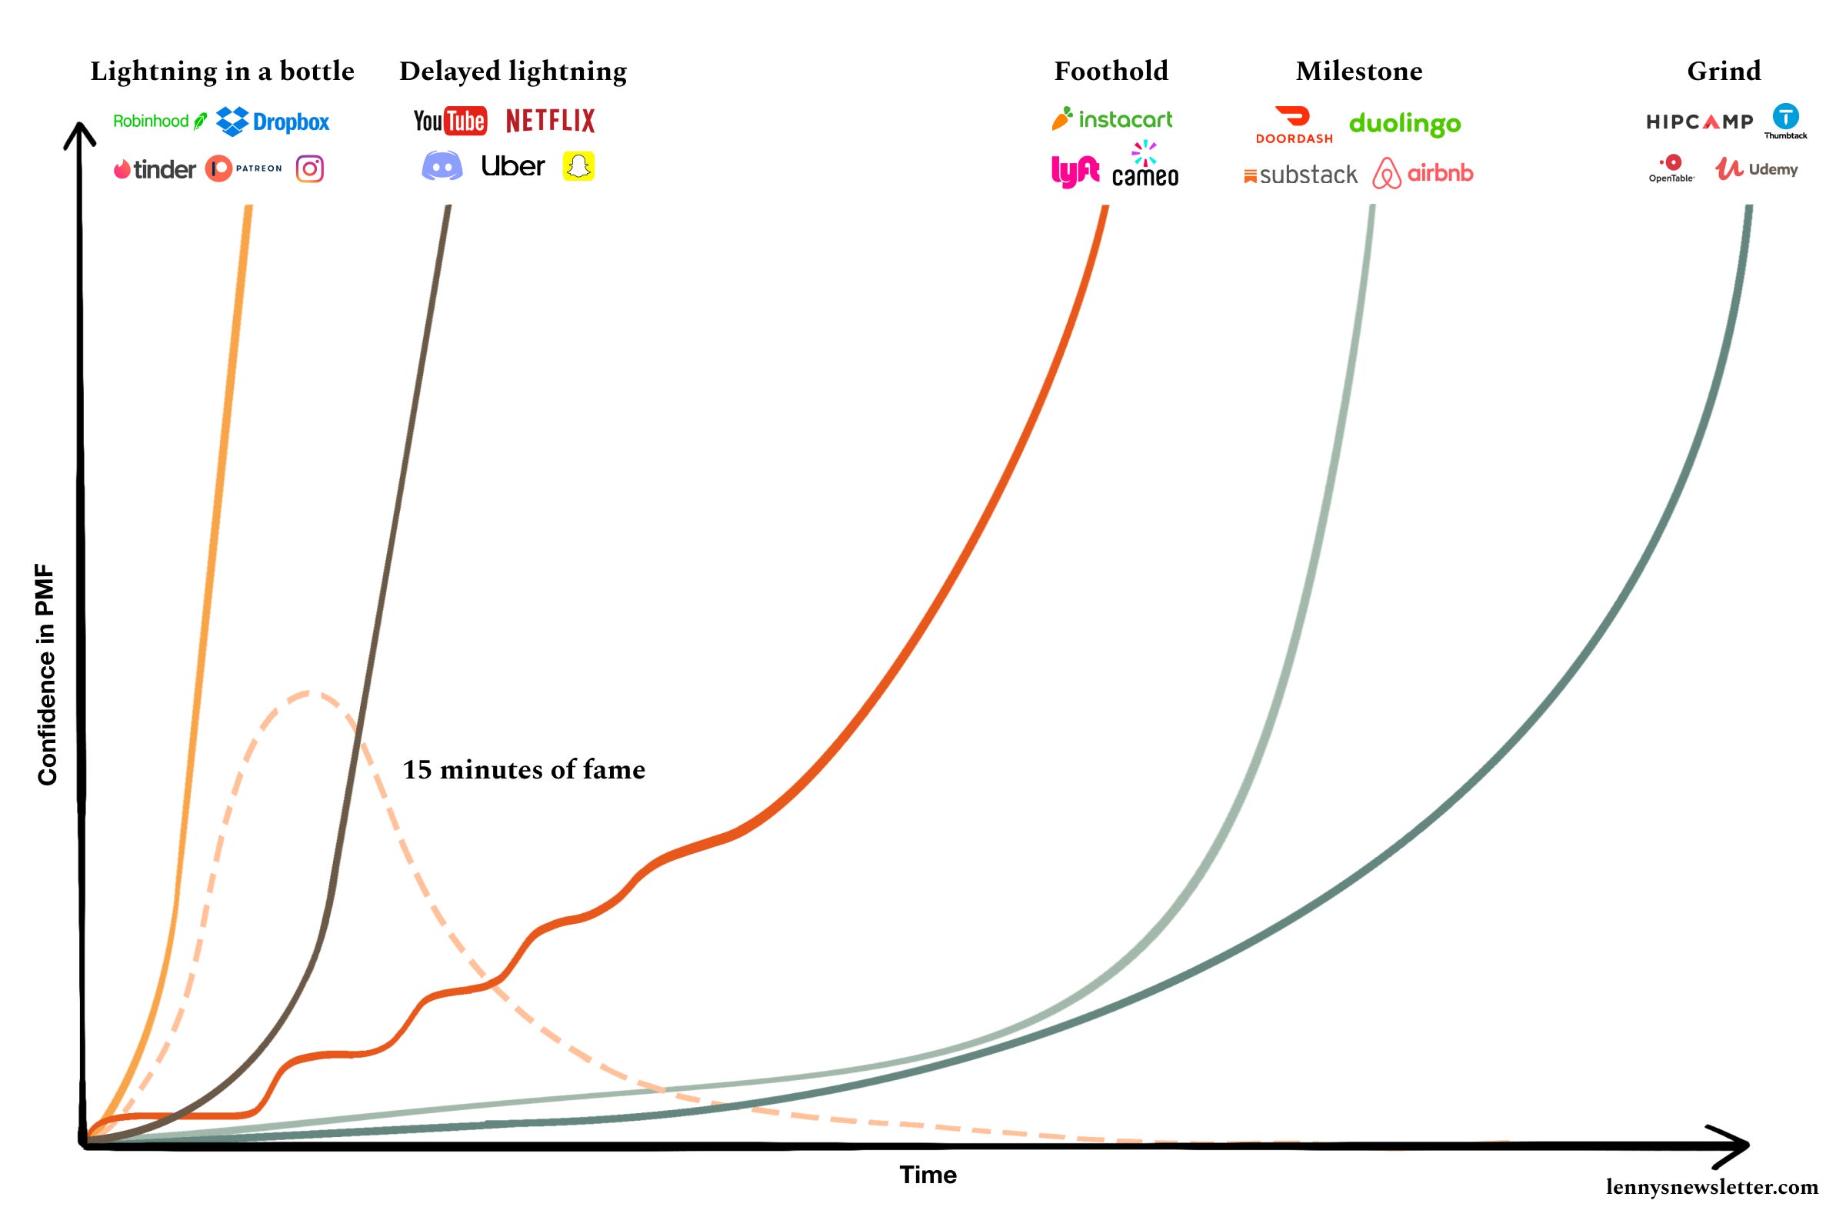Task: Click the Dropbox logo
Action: (x=272, y=121)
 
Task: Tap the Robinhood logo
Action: (x=160, y=121)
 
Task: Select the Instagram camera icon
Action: (x=310, y=168)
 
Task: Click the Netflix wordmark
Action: (x=550, y=121)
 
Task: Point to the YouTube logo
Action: (x=450, y=121)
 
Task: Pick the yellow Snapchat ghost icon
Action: (x=578, y=166)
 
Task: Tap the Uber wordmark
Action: (x=512, y=166)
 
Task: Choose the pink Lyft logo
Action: (x=1075, y=171)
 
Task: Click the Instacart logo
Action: (x=1112, y=118)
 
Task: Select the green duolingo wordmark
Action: (x=1404, y=123)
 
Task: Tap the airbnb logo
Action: (x=1422, y=173)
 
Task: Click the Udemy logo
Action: (x=1756, y=168)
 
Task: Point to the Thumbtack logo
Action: (x=1785, y=121)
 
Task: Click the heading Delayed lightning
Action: (x=513, y=72)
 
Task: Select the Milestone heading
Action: (x=1358, y=72)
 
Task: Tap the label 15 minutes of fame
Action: (x=524, y=769)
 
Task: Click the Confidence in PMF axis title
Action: (x=48, y=675)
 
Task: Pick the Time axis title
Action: (x=928, y=1175)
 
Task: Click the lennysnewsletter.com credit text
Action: (x=1711, y=1187)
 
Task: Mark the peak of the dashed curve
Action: (x=311, y=692)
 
